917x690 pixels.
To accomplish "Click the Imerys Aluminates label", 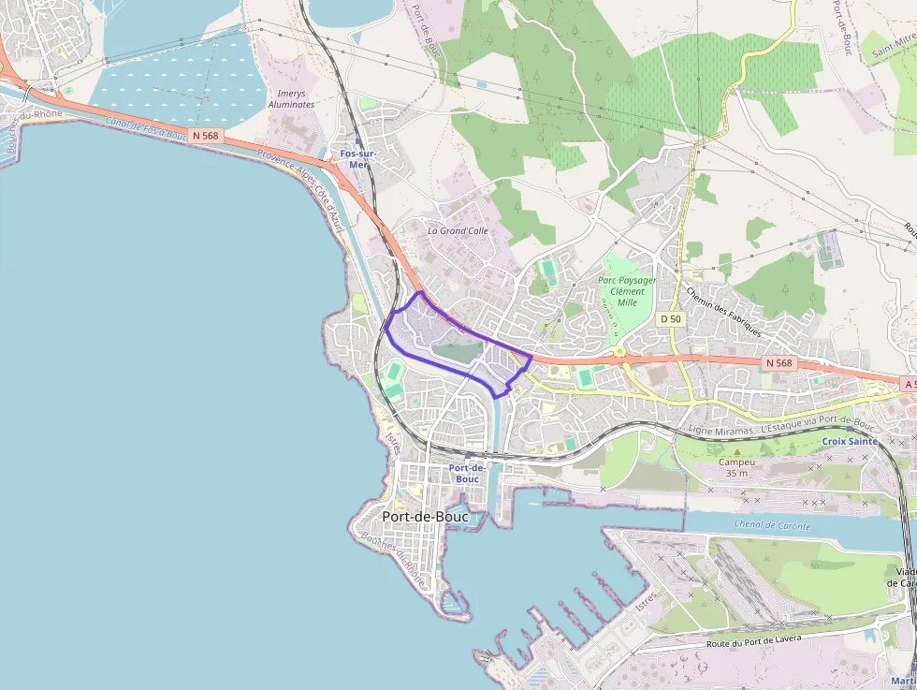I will click(x=291, y=99).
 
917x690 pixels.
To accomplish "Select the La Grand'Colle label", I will click(x=458, y=229).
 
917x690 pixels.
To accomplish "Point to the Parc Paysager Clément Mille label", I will click(x=627, y=290).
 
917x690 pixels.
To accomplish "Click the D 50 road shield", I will click(x=671, y=319).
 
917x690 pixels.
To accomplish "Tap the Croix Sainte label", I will click(x=850, y=440).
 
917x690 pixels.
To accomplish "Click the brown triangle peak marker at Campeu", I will click(x=736, y=452).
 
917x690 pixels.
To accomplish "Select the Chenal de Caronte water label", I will click(x=773, y=525).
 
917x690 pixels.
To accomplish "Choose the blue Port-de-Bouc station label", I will click(x=466, y=473).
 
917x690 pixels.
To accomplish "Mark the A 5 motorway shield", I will click(x=909, y=384).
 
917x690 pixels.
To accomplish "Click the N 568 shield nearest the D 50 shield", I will click(x=778, y=362).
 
